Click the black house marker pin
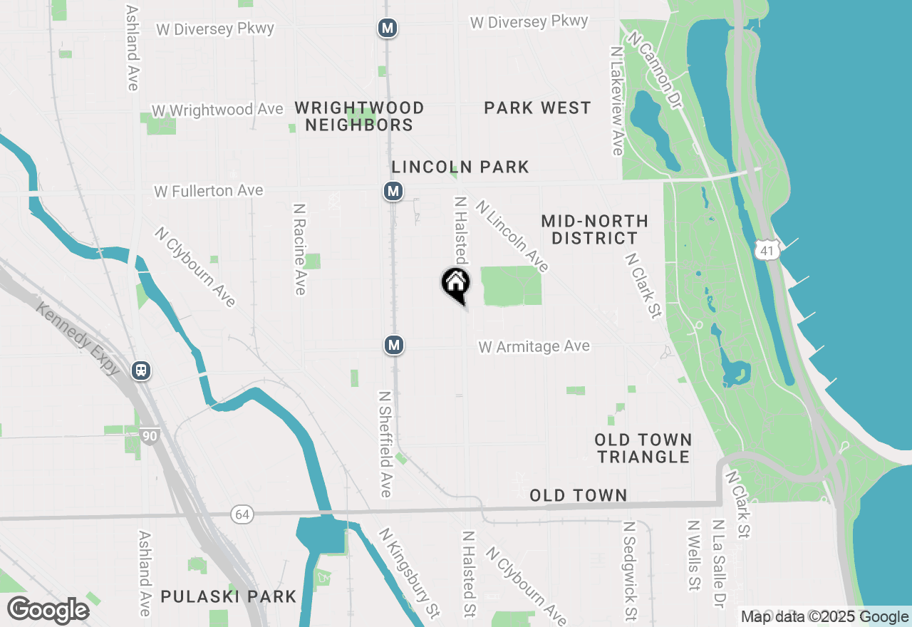point(456,284)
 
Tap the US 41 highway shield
point(767,249)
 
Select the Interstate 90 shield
point(149,436)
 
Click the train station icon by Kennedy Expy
point(142,370)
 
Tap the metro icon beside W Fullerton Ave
point(393,191)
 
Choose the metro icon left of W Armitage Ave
point(394,345)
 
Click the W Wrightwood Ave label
point(217,110)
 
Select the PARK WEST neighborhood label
point(537,108)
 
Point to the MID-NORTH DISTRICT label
point(594,229)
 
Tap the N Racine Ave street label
point(299,249)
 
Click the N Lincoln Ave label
point(513,236)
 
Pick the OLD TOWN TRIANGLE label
point(643,448)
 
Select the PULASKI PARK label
point(228,596)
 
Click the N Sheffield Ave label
point(385,443)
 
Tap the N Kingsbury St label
point(409,572)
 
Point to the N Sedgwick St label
point(630,570)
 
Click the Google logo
point(48,611)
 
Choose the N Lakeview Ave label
point(617,100)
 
